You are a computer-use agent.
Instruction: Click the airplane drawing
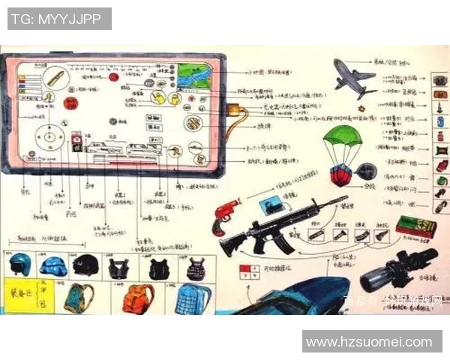click(353, 78)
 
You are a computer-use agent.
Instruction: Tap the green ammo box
click(415, 227)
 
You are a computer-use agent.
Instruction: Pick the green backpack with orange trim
click(79, 298)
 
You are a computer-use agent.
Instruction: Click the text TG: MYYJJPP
click(59, 19)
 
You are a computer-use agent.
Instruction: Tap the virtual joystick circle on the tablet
click(51, 139)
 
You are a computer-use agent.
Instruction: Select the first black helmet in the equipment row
click(19, 264)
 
